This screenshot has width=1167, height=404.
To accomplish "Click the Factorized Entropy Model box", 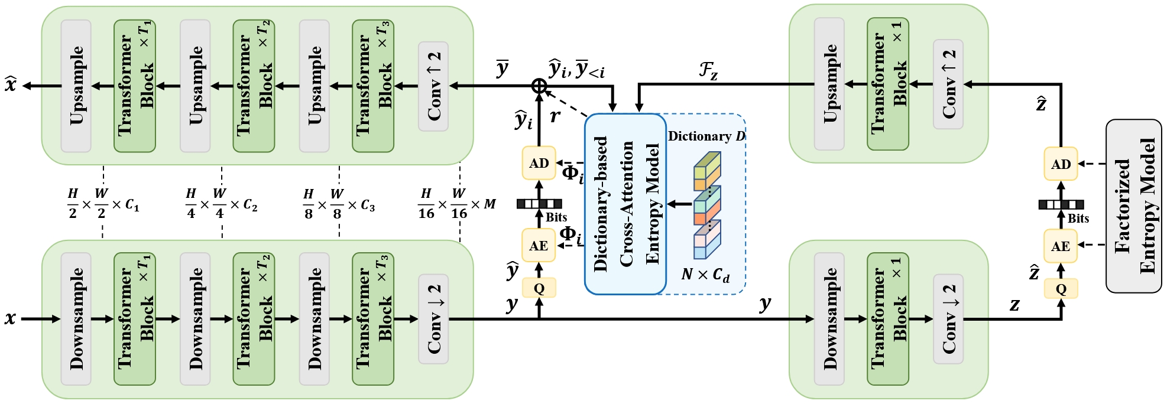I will click(x=1133, y=206).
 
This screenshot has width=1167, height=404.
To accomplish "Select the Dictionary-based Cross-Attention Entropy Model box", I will click(x=625, y=204).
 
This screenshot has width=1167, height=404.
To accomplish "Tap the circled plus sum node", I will click(x=539, y=86).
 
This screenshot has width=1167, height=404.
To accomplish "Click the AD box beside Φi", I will click(x=539, y=163).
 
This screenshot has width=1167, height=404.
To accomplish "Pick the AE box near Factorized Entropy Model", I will click(x=1061, y=246).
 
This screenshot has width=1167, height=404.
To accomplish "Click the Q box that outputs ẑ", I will click(x=1061, y=289).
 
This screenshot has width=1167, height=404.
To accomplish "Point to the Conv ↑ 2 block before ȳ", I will click(x=433, y=86).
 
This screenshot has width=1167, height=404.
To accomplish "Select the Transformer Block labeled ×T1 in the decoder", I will click(x=134, y=86).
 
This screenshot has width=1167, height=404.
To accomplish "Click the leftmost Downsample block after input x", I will click(x=76, y=319).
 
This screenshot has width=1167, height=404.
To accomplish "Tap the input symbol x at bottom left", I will click(x=10, y=319).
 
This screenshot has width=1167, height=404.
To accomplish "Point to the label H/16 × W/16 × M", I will click(x=456, y=204).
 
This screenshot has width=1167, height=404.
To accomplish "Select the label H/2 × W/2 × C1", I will click(x=103, y=204).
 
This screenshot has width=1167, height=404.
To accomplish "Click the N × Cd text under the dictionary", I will click(x=705, y=275).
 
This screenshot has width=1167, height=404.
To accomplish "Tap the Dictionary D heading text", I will click(x=706, y=136).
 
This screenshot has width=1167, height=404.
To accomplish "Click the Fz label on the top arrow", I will click(x=708, y=71).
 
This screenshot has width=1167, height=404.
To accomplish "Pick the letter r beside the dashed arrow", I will click(x=555, y=116).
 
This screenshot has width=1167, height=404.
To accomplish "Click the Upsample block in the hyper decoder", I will click(x=829, y=84).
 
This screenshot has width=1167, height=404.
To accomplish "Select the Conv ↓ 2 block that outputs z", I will click(x=948, y=319).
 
